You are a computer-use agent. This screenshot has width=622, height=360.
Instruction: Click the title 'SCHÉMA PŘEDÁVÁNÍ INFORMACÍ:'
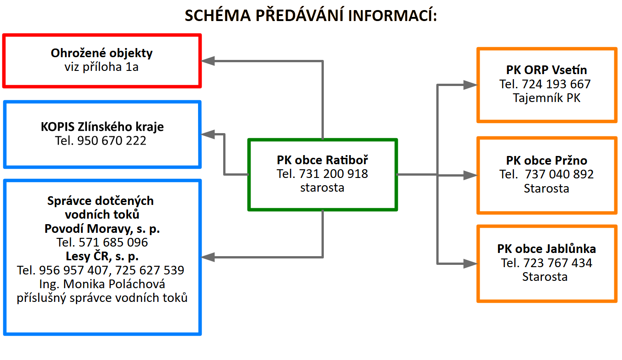(x=311, y=16)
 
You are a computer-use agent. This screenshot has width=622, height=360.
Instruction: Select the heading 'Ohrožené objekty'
(x=102, y=53)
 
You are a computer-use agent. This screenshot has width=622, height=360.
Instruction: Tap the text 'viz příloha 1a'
(x=102, y=67)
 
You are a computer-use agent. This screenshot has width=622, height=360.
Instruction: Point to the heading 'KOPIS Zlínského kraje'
(x=102, y=127)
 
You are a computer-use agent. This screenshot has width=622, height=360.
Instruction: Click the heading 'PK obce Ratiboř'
(x=322, y=160)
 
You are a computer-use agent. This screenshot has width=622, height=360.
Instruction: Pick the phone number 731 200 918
(x=333, y=174)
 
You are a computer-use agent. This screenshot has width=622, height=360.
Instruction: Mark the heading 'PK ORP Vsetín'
(x=547, y=70)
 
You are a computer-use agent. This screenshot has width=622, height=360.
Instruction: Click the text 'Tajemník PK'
(x=547, y=98)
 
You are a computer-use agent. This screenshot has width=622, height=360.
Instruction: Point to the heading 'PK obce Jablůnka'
(x=547, y=249)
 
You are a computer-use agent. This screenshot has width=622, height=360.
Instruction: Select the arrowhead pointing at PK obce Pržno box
(x=470, y=175)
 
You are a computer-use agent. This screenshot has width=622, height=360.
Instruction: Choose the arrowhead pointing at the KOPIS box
(x=209, y=134)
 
